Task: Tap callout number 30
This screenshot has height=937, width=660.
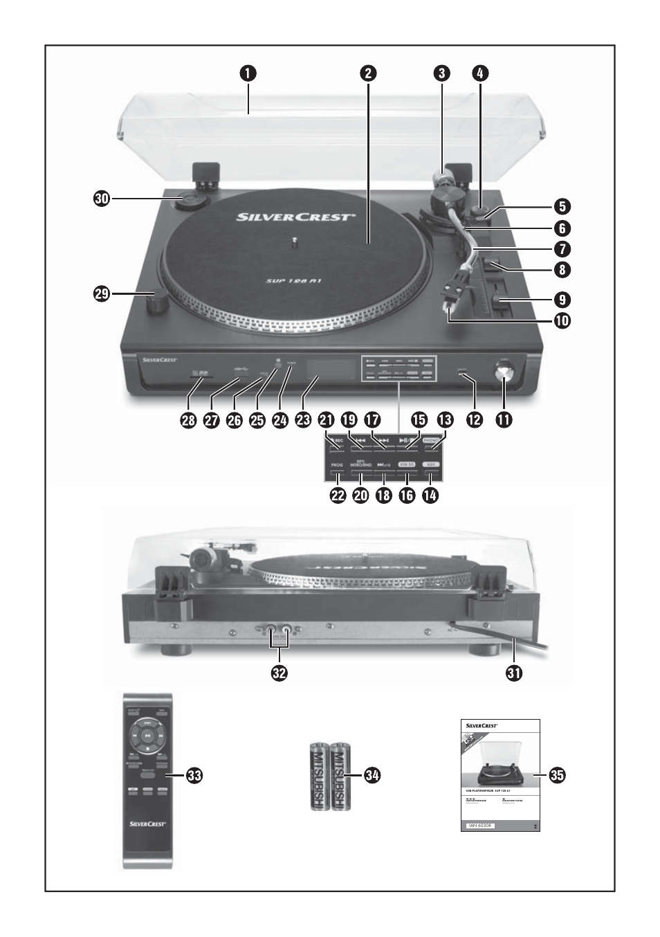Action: (102, 198)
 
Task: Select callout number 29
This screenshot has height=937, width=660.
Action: (102, 293)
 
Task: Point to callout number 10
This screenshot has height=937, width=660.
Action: (561, 320)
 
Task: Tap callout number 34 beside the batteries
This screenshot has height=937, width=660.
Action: (374, 776)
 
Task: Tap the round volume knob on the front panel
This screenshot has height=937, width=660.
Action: (504, 374)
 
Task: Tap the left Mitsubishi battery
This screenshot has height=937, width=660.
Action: (319, 776)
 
